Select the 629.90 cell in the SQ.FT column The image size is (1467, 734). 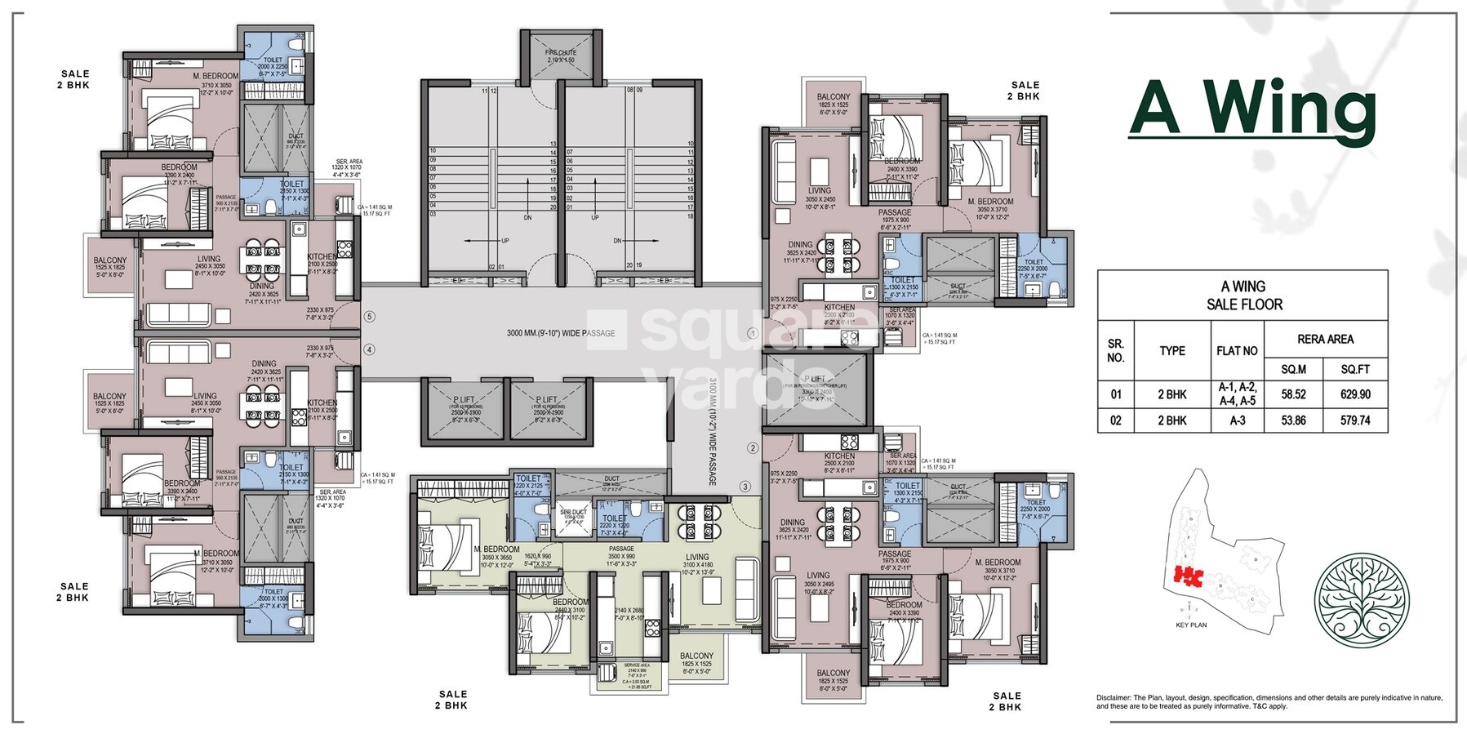click(1355, 394)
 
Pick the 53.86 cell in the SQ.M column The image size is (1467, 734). click(1294, 420)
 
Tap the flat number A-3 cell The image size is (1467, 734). click(1237, 420)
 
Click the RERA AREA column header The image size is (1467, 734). click(1325, 339)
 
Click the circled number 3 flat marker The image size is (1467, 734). click(745, 487)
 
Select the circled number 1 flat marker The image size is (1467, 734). click(753, 333)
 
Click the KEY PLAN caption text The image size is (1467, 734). click(1191, 625)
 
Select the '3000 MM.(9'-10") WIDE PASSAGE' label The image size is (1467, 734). click(561, 333)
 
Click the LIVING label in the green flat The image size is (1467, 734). click(697, 558)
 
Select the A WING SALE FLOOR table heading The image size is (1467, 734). click(1243, 296)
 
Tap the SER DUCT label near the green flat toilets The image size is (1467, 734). click(569, 514)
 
